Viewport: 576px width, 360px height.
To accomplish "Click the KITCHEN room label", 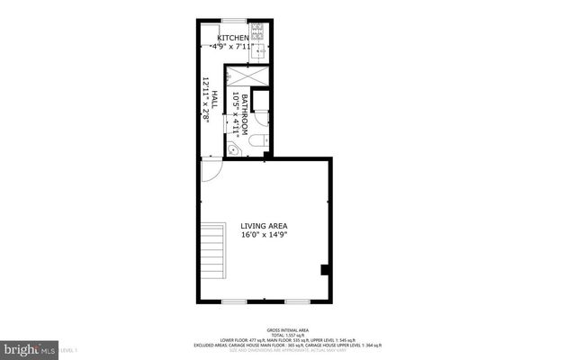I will [x=220, y=38].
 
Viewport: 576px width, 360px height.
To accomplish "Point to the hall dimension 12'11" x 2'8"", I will [x=205, y=101].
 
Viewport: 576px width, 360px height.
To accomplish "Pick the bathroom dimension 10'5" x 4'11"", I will [x=236, y=112].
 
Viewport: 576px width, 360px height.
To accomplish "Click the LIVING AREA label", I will [x=270, y=226].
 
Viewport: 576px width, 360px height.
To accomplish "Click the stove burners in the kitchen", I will [x=257, y=32].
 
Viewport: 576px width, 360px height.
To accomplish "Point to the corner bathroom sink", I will [x=232, y=150].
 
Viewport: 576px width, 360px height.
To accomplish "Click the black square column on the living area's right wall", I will [x=325, y=268].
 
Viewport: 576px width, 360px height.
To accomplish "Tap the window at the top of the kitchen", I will [x=234, y=21].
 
